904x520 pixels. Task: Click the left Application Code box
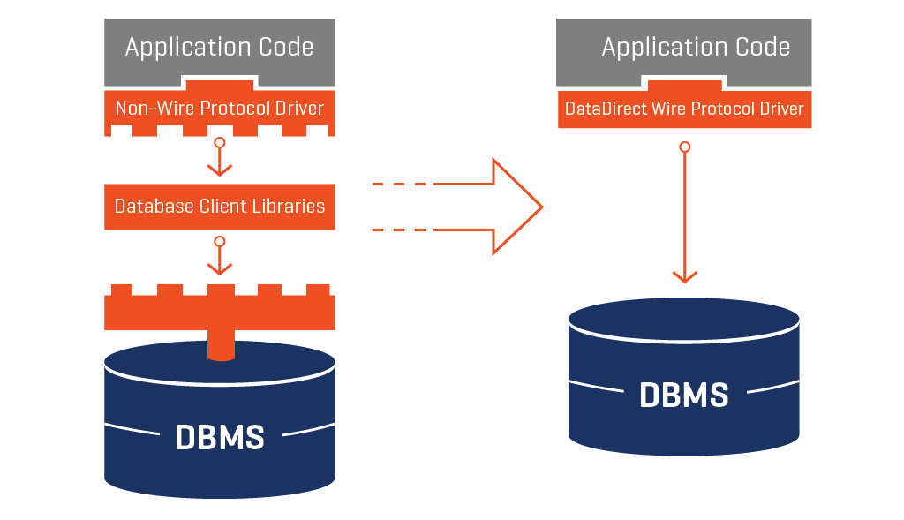pos(219,46)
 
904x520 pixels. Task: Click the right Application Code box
pos(685,46)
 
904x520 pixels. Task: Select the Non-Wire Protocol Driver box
pos(219,109)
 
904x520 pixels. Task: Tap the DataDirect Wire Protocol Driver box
pos(684,109)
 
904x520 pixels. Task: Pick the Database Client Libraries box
pos(219,207)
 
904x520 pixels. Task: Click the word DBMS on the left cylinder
pos(219,437)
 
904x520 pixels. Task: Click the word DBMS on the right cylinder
pos(684,395)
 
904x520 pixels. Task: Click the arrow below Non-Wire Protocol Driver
pos(220,160)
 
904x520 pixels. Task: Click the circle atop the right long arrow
pos(684,147)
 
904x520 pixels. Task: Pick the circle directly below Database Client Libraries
pos(220,241)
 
